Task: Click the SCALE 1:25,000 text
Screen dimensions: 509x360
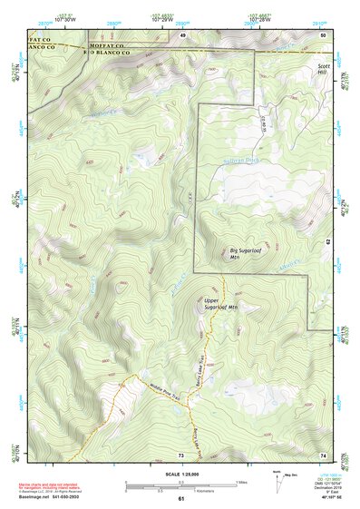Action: [181, 474]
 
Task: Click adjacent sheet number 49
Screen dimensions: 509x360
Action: [182, 34]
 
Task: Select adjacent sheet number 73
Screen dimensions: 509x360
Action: [181, 453]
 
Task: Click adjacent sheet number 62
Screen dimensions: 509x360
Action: [328, 242]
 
